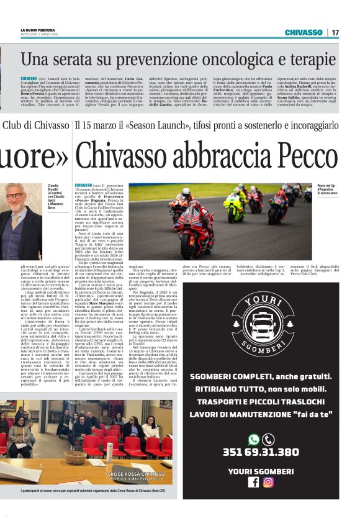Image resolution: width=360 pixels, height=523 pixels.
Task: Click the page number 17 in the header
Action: pyautogui.click(x=335, y=32)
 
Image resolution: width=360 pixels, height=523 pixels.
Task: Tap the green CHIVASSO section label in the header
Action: pyautogui.click(x=304, y=32)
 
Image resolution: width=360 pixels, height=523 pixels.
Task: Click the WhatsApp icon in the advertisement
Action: pyautogui.click(x=253, y=439)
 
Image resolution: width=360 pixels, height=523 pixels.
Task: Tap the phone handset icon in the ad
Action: pyautogui.click(x=269, y=439)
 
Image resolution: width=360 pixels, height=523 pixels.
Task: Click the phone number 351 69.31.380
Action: pyautogui.click(x=261, y=452)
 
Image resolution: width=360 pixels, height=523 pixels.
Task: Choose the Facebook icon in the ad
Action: pyautogui.click(x=253, y=482)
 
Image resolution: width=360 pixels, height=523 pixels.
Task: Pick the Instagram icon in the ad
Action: pyautogui.click(x=268, y=482)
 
